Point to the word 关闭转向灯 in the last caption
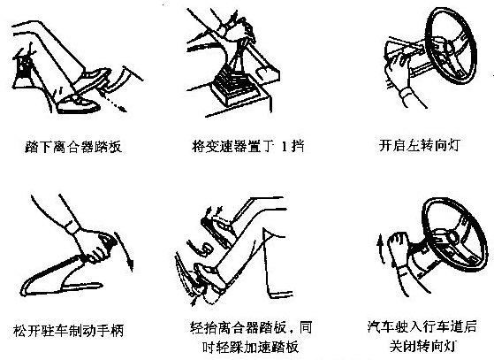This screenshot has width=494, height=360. coord(423,342)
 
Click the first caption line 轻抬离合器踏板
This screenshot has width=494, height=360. coord(250,325)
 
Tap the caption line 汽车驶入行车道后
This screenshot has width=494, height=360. coord(423,325)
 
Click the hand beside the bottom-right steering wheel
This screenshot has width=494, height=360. coord(399,257)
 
